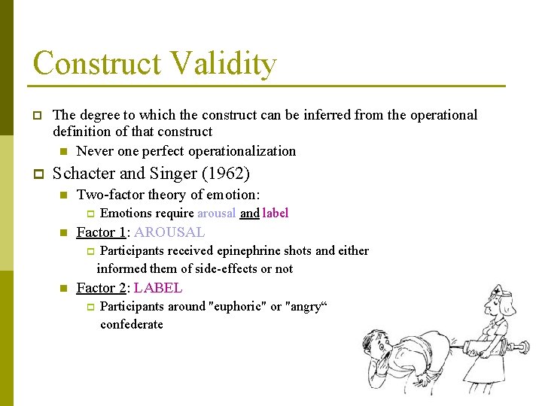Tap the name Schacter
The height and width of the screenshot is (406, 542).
coord(84,174)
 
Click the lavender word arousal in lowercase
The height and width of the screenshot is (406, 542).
coord(216,214)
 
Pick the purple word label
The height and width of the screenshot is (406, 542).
coord(276,214)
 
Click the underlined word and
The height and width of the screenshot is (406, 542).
coord(249,214)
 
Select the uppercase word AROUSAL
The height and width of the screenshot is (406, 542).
coord(169,232)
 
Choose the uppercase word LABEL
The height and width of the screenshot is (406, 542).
coord(158,288)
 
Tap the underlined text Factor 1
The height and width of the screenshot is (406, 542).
coord(101,232)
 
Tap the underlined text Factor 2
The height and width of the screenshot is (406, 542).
coord(101,288)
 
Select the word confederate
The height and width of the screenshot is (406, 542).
coord(132,324)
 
